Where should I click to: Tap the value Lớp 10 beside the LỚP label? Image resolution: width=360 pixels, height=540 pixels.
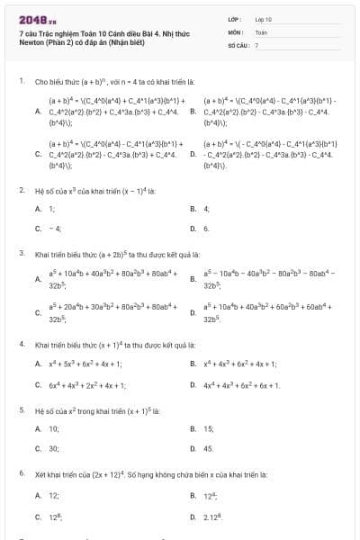point(263,19)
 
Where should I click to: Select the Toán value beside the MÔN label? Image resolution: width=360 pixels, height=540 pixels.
point(261,31)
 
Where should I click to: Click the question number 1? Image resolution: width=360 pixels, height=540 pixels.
point(21,81)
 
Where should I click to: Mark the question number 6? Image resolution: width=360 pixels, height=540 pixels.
point(21,472)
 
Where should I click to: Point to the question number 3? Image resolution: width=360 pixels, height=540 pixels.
point(21,254)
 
